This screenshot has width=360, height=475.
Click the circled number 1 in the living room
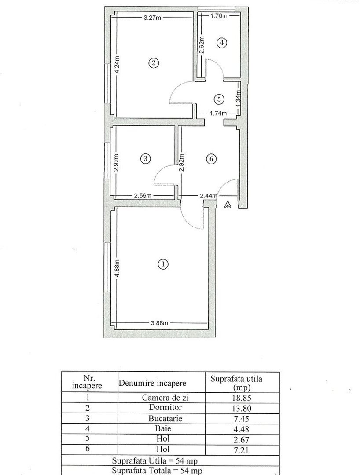point(163,264)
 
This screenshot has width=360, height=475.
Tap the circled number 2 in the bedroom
point(153,63)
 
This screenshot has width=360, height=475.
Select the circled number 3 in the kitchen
point(145,159)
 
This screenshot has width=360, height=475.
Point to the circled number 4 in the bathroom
point(222,43)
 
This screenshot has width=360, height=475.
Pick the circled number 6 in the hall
point(211,159)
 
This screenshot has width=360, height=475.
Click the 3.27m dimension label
point(152,18)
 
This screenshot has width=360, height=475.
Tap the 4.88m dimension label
point(117,268)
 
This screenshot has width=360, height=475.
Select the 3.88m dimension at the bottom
point(159,323)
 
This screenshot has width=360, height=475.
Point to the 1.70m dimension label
point(219,16)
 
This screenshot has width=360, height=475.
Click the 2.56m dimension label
point(143,196)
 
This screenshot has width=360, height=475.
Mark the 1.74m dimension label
point(218,113)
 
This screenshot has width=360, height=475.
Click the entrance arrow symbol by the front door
point(228,205)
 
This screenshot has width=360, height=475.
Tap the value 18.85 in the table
point(242,398)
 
